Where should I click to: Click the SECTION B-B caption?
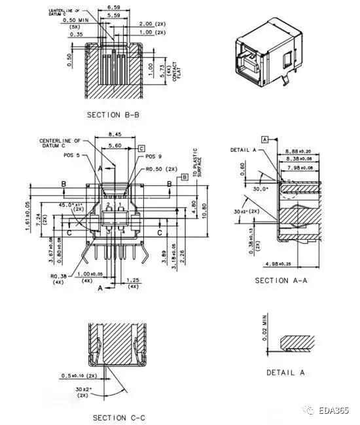point(113,115)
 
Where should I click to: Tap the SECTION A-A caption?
point(281,280)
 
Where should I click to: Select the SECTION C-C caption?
point(118,417)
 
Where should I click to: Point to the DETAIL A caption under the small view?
point(285,372)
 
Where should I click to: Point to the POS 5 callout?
point(73,156)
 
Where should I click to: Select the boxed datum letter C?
point(141,149)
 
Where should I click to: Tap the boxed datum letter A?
point(265,139)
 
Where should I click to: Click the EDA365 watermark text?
point(337,411)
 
